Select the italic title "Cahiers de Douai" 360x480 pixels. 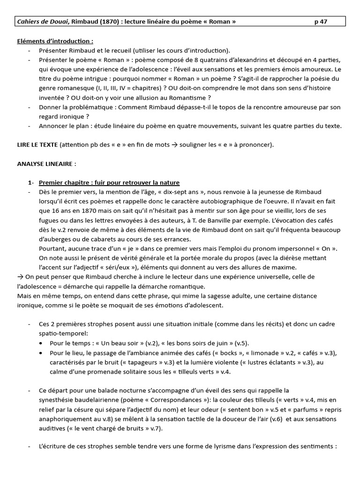[x=43, y=22]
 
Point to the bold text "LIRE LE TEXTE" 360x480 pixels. [x=37, y=145]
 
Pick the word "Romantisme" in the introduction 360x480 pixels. [x=188, y=97]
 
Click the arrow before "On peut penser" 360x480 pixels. [x=20, y=277]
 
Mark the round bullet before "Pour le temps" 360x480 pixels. [x=43, y=343]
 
